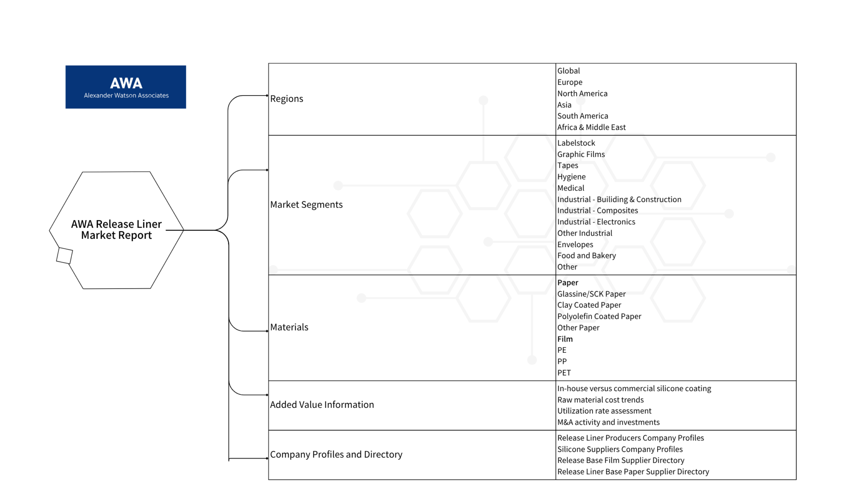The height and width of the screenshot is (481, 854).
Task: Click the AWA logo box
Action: point(126,87)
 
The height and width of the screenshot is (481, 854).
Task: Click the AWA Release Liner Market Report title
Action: point(116,230)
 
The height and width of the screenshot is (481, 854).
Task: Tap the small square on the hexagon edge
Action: point(65,256)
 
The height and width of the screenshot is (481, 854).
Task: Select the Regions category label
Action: point(286,99)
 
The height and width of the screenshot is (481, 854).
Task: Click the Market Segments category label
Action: point(306,205)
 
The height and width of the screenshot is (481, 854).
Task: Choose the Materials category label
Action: point(289,327)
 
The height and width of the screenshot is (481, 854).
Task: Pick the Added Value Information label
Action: point(322,405)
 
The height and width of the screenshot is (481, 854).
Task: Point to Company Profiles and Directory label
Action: point(336,454)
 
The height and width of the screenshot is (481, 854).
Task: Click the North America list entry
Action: point(583,94)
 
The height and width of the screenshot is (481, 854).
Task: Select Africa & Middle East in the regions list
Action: point(591,127)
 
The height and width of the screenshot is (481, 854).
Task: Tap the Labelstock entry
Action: point(576,143)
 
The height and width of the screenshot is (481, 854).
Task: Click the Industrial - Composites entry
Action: point(598,210)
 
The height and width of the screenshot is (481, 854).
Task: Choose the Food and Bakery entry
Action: point(587,256)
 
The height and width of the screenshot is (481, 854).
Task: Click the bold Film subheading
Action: point(565,339)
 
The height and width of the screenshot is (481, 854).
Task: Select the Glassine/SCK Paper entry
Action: point(591,294)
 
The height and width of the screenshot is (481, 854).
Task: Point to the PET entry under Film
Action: point(564,373)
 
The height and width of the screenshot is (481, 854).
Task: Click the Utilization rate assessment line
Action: point(604,411)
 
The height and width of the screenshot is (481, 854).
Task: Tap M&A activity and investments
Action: point(608,422)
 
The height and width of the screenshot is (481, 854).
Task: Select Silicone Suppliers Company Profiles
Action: point(620,449)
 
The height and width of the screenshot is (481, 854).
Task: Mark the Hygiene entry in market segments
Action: point(571,177)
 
